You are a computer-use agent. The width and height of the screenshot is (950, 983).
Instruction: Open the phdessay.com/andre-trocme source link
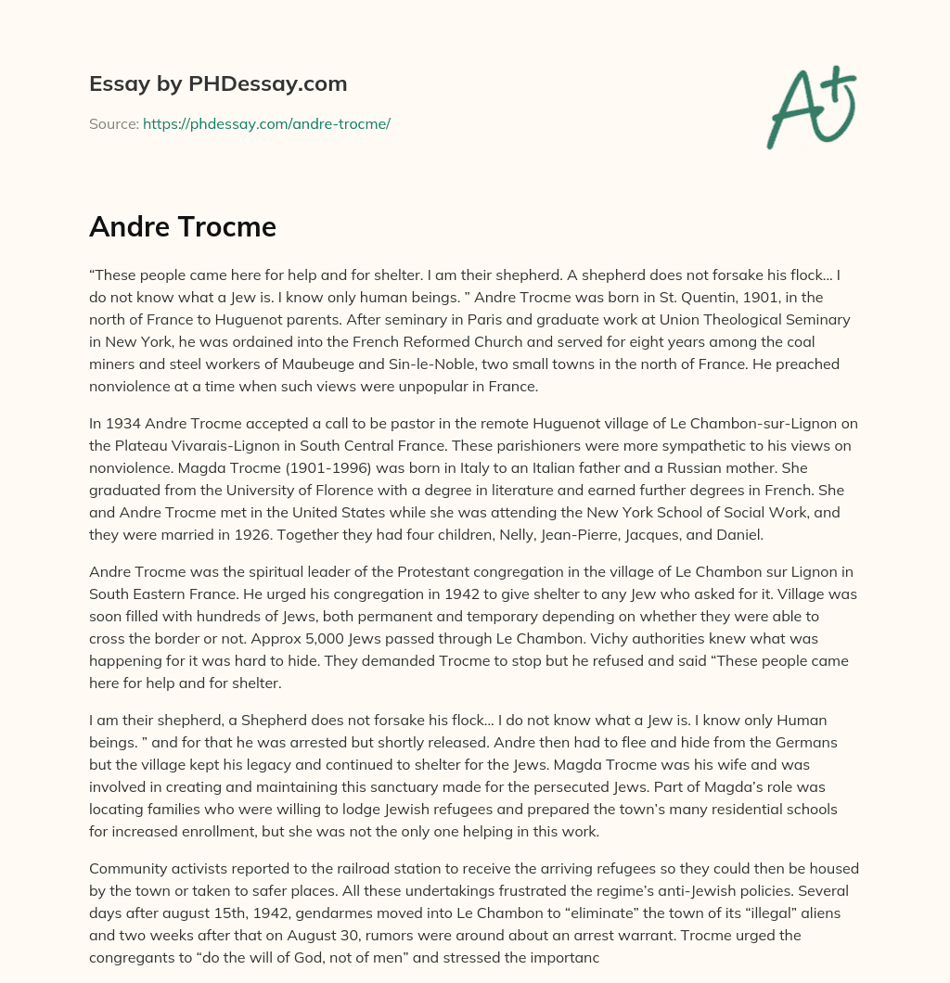point(266,123)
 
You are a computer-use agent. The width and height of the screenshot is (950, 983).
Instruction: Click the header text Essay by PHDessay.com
point(218,83)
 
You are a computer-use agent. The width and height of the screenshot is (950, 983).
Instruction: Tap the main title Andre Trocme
point(183,226)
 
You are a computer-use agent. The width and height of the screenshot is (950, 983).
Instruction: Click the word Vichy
point(551,640)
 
